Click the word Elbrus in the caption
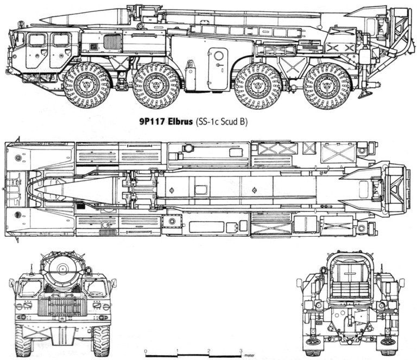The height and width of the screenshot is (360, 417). pos(180,122)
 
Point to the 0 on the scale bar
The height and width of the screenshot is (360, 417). pos(146,351)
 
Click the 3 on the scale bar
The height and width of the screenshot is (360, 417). pos(241,350)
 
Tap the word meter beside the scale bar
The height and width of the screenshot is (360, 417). pos(249,355)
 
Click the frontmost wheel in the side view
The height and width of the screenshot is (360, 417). pos(87,85)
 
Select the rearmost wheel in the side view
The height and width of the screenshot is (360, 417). pos(327,86)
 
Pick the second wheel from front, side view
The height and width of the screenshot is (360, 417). pos(156,85)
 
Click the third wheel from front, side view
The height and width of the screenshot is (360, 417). pos(258,86)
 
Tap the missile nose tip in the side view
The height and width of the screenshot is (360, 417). pos(40,20)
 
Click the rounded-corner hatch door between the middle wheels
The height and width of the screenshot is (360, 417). pos(218,69)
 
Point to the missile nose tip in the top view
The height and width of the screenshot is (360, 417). pos(35,189)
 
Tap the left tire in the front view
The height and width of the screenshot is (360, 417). pos(23,341)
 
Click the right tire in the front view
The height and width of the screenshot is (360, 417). pos(102,341)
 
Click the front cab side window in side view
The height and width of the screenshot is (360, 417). pos(37,40)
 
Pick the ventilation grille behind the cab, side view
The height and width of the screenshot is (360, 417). pos(112,42)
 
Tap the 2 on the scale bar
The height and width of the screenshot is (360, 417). pos(209,350)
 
